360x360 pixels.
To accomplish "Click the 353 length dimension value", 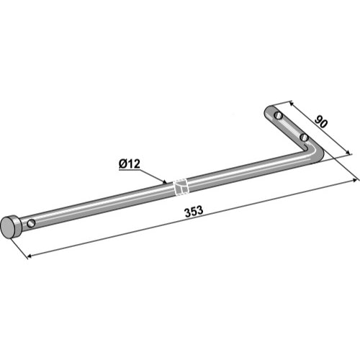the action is tap(194, 212).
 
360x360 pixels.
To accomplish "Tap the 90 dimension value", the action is tap(321, 122).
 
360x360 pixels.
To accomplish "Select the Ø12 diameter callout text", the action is tap(130, 164).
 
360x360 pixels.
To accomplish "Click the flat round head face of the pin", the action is tap(9, 227).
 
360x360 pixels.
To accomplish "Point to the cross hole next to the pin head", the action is tap(31, 223).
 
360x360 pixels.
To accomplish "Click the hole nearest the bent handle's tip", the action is tap(279, 114).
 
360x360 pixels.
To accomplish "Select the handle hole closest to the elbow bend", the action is tap(304, 138).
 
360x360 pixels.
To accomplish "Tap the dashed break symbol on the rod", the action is tap(181, 186).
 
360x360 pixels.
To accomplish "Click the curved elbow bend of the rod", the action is tap(315, 153).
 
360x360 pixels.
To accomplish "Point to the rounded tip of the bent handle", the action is tap(268, 110).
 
